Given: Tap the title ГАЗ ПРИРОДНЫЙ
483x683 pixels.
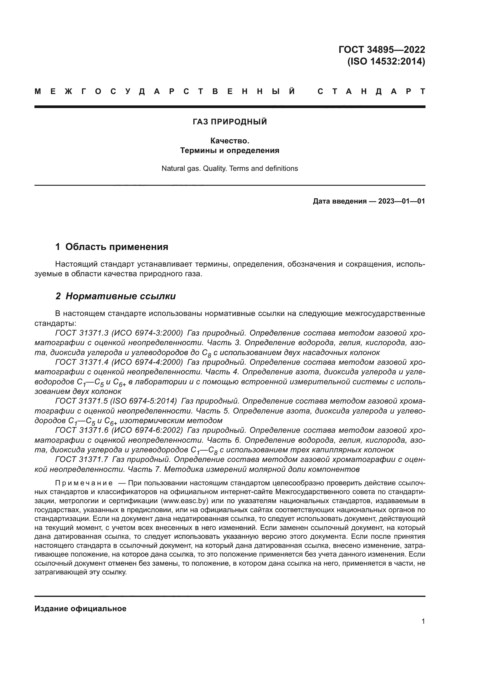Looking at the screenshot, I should (x=230, y=122).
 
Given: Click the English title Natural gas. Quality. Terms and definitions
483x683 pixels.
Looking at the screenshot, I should (x=230, y=169).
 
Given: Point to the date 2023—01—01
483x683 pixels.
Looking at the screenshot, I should (x=402, y=201).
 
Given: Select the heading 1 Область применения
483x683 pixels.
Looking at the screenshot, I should (x=112, y=247).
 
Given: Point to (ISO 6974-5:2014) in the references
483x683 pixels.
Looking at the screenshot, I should (x=144, y=401).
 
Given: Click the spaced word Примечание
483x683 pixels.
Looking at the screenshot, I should (x=84, y=483).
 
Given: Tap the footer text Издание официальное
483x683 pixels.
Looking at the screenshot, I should (x=80, y=609).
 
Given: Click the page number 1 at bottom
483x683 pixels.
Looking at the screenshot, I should (x=423, y=621).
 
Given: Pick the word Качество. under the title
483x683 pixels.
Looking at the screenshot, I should (x=230, y=141).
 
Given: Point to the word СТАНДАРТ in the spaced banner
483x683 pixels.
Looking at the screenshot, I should (x=371, y=92).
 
